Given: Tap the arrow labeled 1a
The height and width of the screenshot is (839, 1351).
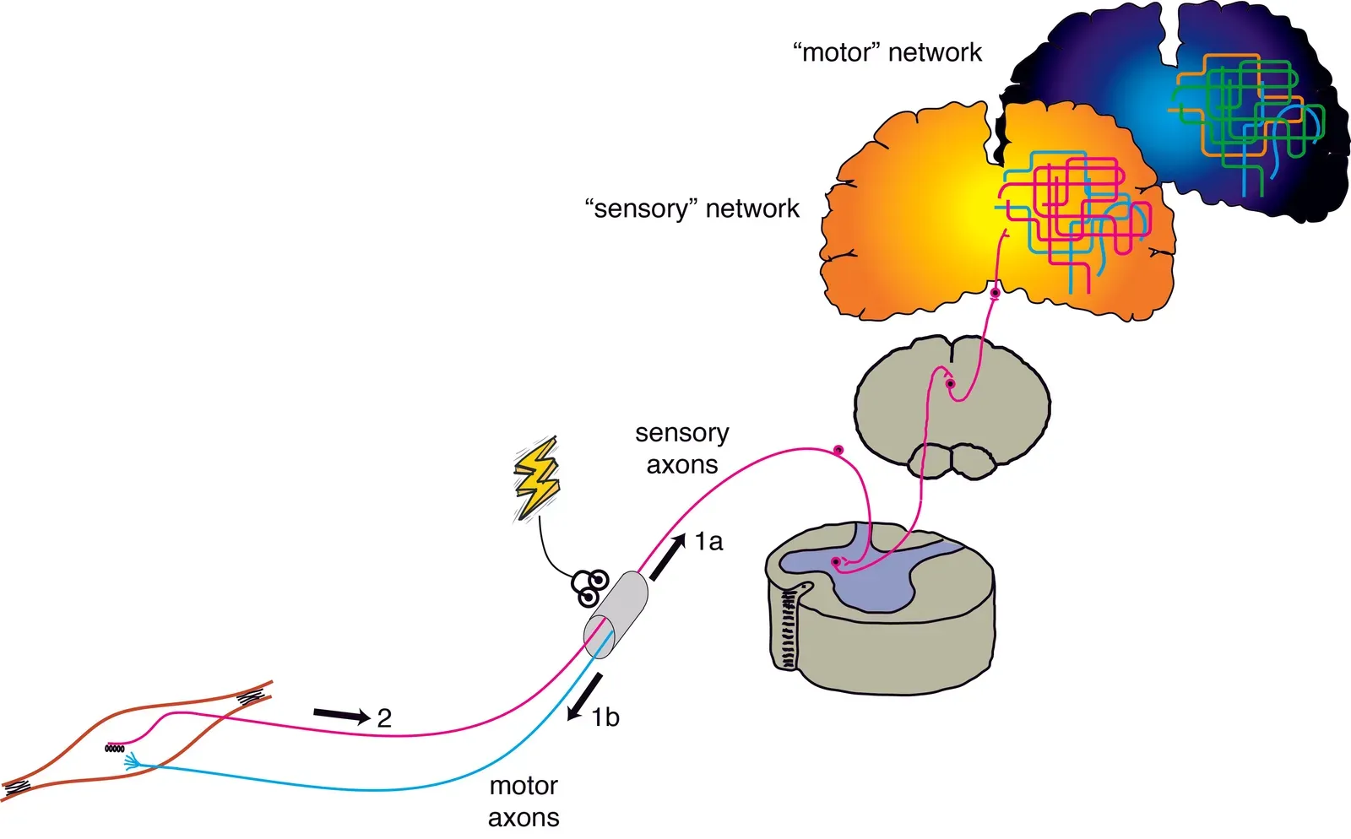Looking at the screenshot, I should point(667,556).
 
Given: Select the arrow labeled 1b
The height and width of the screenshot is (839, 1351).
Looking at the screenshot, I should point(585,697).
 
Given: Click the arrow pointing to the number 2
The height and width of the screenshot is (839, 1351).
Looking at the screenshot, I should point(341,716).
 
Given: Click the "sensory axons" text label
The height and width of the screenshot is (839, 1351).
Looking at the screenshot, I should point(681,448).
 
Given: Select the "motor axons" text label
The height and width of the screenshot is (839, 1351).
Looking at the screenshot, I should point(524,801).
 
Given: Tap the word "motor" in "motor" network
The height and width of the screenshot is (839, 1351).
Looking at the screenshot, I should point(837,52).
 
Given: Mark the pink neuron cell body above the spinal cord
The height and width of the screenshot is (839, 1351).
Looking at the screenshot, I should point(838,450).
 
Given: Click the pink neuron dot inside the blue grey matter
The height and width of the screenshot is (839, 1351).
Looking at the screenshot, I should point(836,561).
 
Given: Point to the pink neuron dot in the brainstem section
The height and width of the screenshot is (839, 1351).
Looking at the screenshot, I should point(950,384).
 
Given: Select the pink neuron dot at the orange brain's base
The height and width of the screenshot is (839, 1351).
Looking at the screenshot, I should point(995,294).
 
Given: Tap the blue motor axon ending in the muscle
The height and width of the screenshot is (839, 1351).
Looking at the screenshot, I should point(133,763).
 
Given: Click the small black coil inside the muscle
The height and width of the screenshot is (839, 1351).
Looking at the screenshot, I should point(115,748).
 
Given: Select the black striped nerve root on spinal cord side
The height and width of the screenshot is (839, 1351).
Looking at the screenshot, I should point(789,629).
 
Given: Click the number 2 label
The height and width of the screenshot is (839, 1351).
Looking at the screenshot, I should point(384,718).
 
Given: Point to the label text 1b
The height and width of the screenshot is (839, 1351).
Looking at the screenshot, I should point(605,717).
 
